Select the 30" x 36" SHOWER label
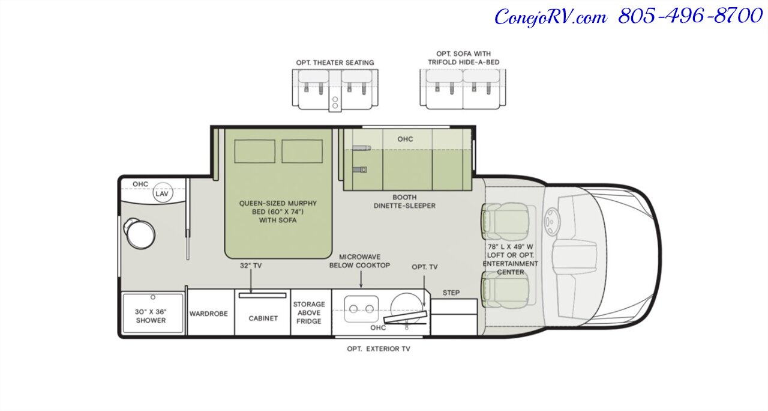point(151,316)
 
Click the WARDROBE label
point(208,314)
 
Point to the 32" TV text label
point(251,266)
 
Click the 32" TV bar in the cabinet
point(262,295)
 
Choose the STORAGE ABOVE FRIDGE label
point(309,312)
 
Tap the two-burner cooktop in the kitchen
point(361,309)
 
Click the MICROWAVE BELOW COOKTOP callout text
point(359,261)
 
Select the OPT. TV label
point(424,267)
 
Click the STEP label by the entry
point(451,293)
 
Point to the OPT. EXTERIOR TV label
point(379,349)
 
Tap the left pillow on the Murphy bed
point(255,151)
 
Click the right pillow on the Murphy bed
point(302,151)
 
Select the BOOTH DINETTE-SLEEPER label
point(404,201)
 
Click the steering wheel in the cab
point(551,222)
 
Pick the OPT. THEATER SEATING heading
point(335,62)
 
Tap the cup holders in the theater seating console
point(335,102)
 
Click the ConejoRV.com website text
point(551,17)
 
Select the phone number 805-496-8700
point(690,16)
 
